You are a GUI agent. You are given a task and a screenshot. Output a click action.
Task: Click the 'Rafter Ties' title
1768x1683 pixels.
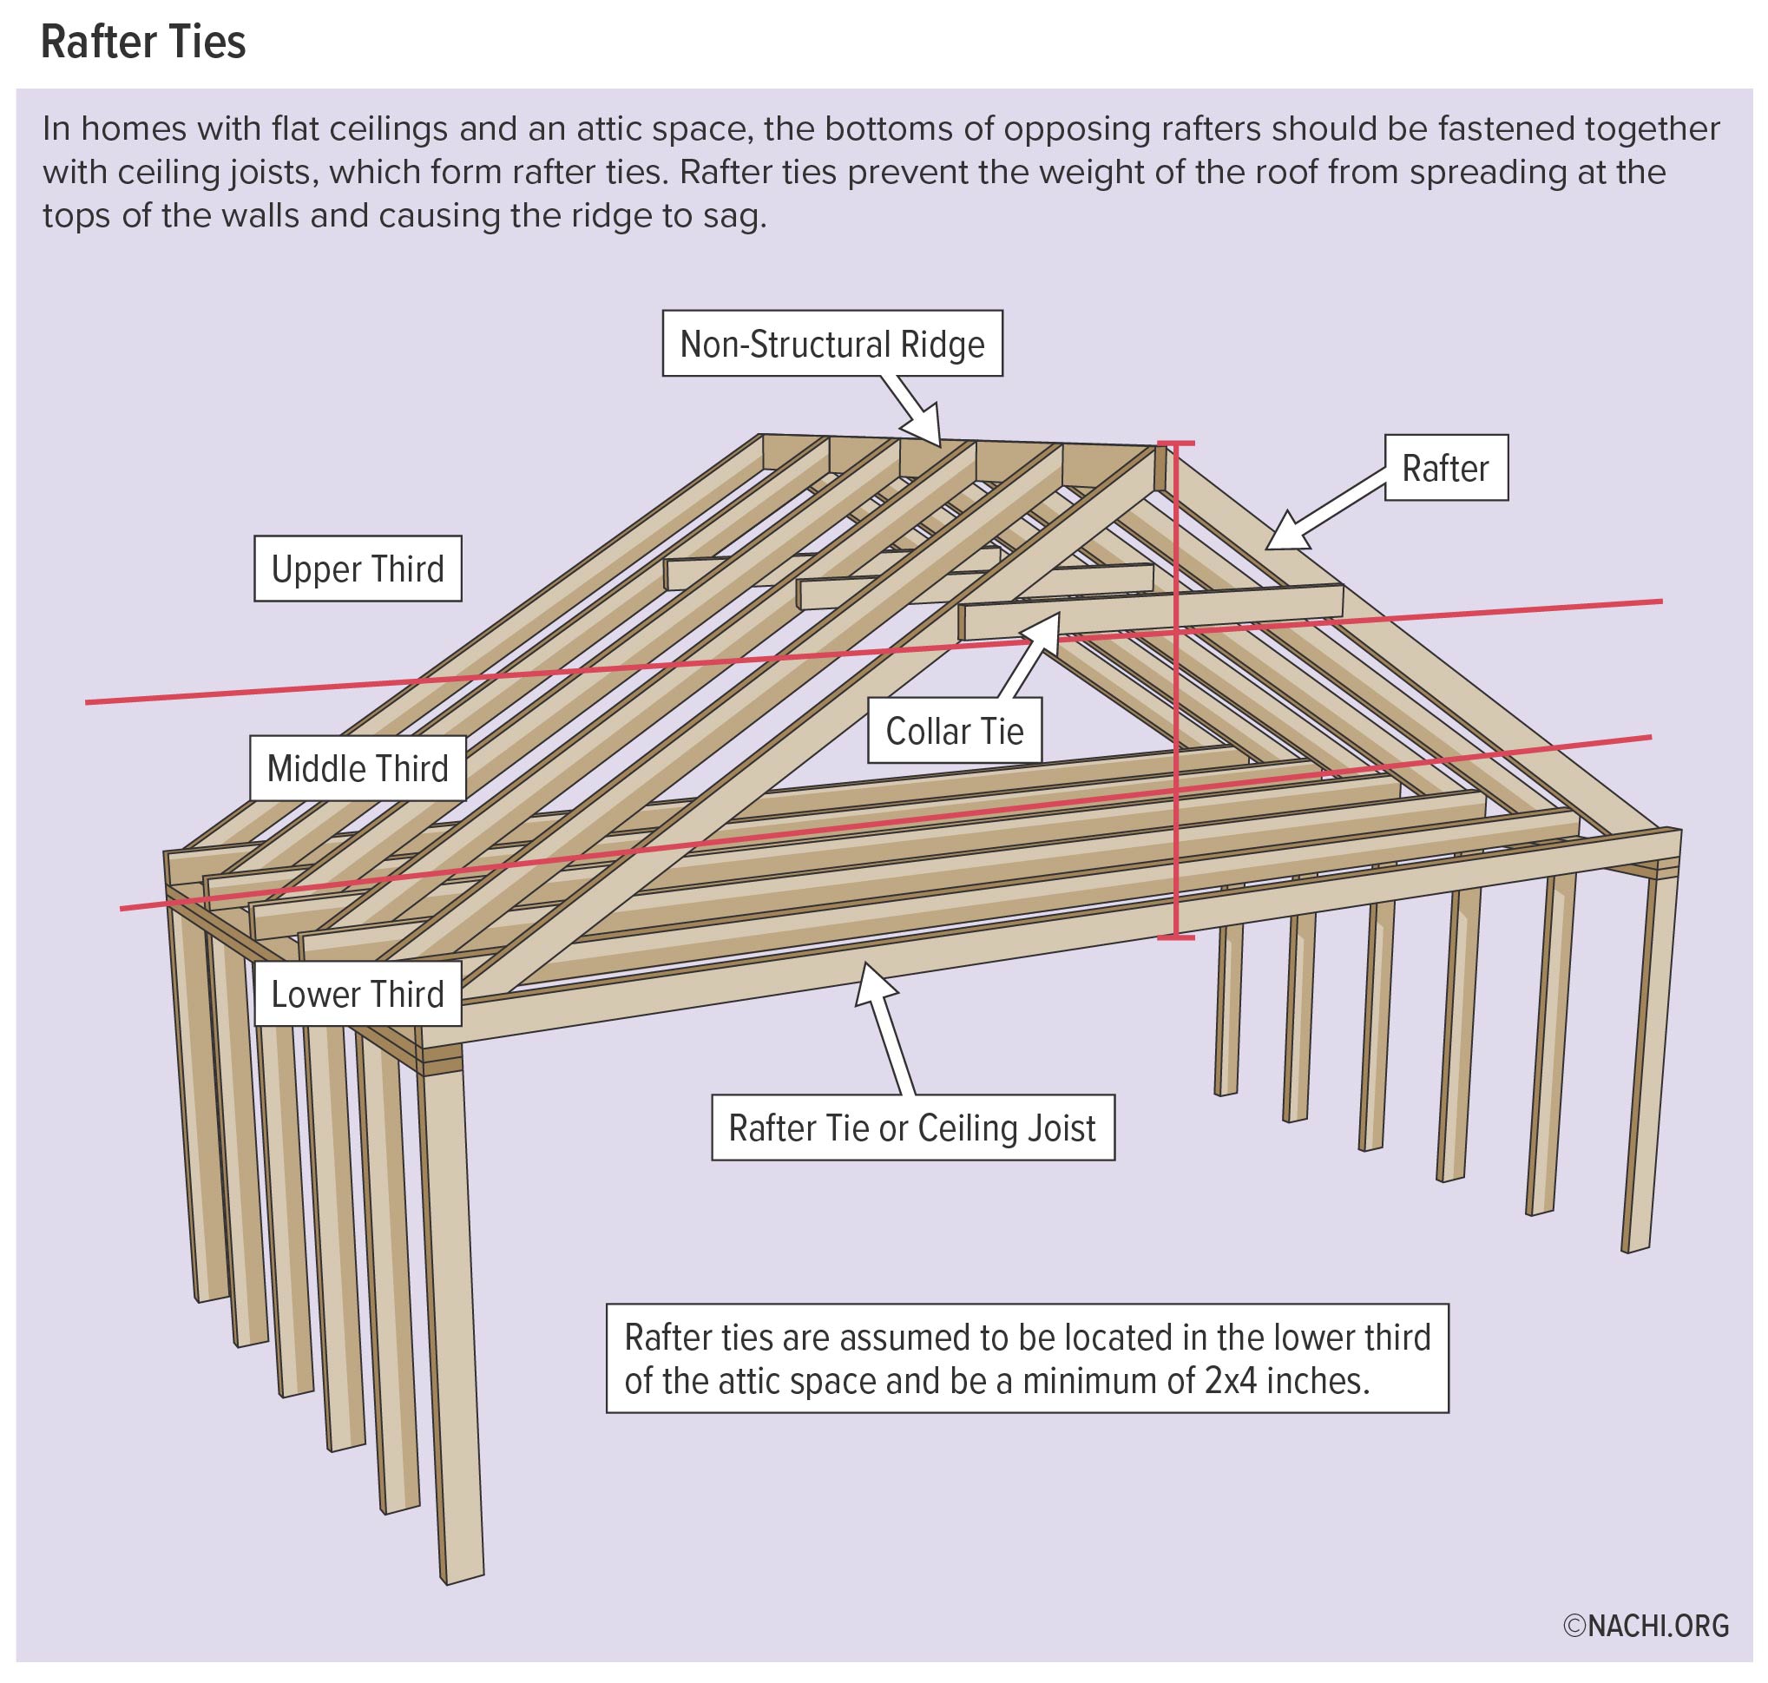tap(142, 43)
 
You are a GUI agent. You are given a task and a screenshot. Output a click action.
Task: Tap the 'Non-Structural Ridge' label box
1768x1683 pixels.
tap(831, 344)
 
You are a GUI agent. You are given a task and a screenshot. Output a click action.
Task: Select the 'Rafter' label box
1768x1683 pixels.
tap(1445, 467)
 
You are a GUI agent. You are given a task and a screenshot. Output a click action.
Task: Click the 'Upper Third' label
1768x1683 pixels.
tap(357, 569)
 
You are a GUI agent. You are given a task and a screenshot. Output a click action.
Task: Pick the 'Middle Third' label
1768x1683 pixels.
tap(357, 769)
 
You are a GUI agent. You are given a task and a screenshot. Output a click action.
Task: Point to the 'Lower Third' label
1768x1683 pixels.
tap(357, 994)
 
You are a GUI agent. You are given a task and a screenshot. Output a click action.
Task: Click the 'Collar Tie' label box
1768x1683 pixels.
tap(954, 731)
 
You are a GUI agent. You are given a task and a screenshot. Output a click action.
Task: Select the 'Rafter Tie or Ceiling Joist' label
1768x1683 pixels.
tap(912, 1127)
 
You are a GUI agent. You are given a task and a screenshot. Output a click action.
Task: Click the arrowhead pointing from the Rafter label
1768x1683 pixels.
tap(1285, 533)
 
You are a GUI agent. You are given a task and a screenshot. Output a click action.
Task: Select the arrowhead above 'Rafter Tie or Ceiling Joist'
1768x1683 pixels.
tap(873, 981)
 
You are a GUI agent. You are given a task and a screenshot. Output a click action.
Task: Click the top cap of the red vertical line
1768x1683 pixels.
tap(1175, 444)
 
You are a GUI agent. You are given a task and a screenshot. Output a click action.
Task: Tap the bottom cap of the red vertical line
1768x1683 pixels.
tap(1175, 938)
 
